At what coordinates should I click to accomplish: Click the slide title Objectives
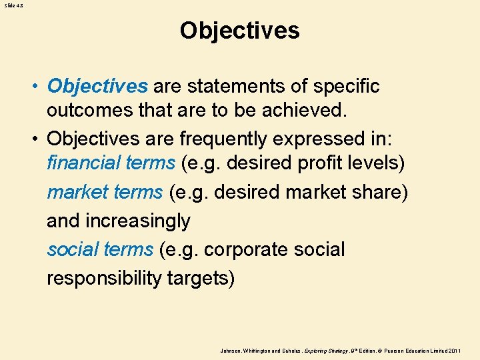click(x=239, y=31)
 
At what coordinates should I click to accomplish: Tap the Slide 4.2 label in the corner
click(x=13, y=5)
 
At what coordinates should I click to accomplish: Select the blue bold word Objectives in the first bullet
click(x=97, y=87)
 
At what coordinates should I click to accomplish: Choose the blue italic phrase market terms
click(x=105, y=192)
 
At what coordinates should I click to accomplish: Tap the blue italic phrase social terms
click(x=100, y=249)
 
